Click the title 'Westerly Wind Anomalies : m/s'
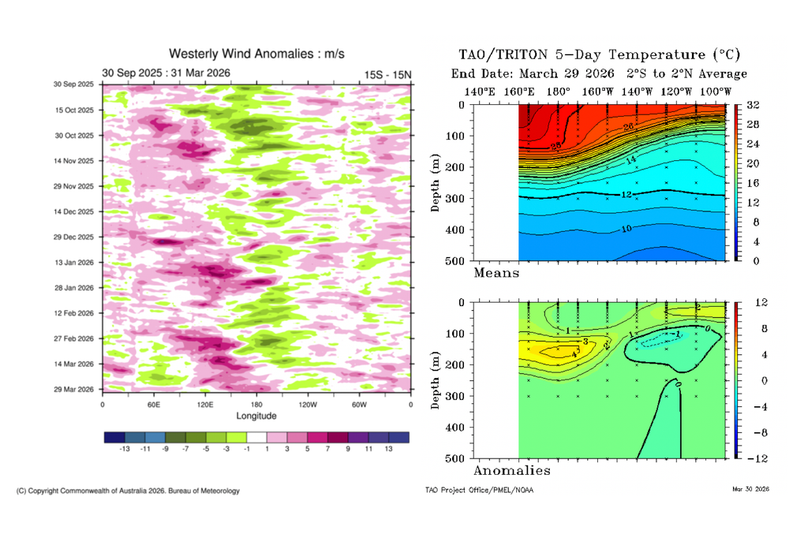coord(256,54)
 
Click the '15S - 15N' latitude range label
coord(387,74)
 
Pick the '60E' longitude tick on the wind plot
coord(153,404)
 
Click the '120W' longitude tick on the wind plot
coord(308,404)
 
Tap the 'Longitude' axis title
coord(256,415)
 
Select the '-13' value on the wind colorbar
coord(124,448)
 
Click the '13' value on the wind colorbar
coord(388,448)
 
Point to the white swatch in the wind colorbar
coord(256,436)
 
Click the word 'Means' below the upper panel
coord(496,273)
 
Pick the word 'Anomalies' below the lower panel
coord(511,471)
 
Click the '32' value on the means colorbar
coord(752,106)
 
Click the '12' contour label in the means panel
coord(627,194)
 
